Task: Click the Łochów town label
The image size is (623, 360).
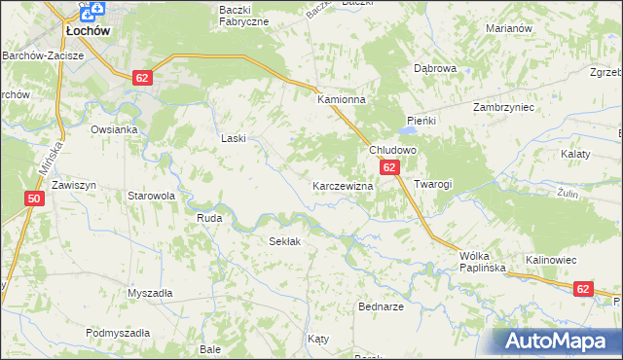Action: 87,31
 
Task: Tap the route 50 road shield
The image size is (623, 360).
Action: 35,199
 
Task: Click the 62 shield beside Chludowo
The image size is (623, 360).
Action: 389,168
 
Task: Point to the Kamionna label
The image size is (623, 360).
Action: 340,99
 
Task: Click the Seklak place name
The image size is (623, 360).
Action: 284,240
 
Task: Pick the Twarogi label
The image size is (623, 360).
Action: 433,184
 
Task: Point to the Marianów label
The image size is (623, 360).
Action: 506,28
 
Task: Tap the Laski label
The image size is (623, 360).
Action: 234,139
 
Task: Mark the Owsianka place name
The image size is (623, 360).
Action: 113,128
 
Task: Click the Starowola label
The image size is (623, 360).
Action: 151,196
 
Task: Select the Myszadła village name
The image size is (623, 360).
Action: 150,293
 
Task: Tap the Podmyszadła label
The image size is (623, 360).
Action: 117,333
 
